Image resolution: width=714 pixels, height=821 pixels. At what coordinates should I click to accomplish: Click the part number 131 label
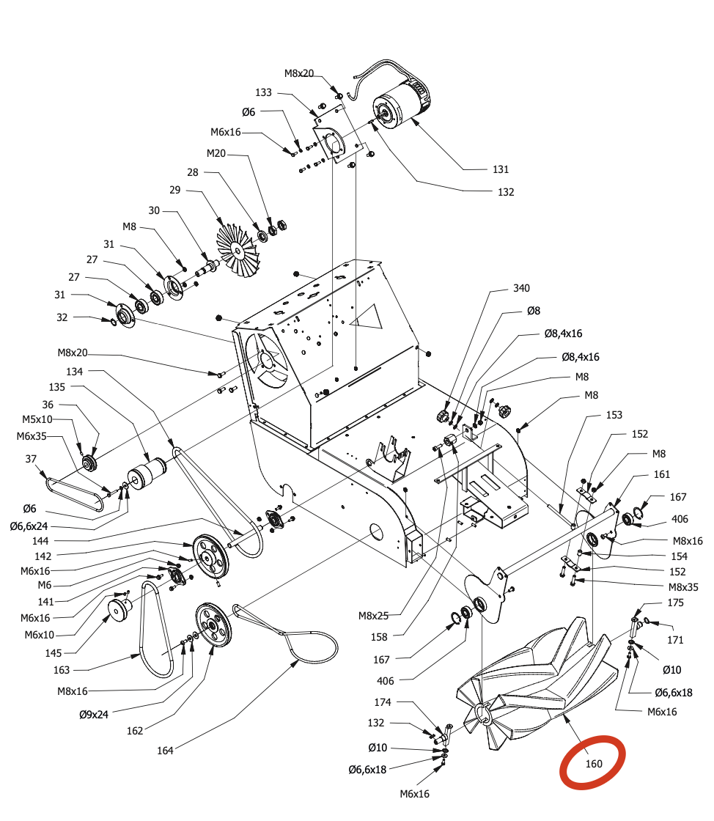500,169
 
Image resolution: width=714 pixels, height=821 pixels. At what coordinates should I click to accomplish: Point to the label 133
264,93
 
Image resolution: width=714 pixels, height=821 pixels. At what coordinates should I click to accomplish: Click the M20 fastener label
216,153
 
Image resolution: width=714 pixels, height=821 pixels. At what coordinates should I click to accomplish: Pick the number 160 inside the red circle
594,764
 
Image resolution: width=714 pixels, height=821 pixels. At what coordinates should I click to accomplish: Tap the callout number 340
520,288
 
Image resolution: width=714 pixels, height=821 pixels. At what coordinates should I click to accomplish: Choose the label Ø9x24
94,714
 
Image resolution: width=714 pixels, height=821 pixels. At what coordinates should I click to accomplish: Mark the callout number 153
614,415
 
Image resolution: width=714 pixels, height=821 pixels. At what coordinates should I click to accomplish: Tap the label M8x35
682,586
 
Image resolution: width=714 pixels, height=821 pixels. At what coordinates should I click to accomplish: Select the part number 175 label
675,603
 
